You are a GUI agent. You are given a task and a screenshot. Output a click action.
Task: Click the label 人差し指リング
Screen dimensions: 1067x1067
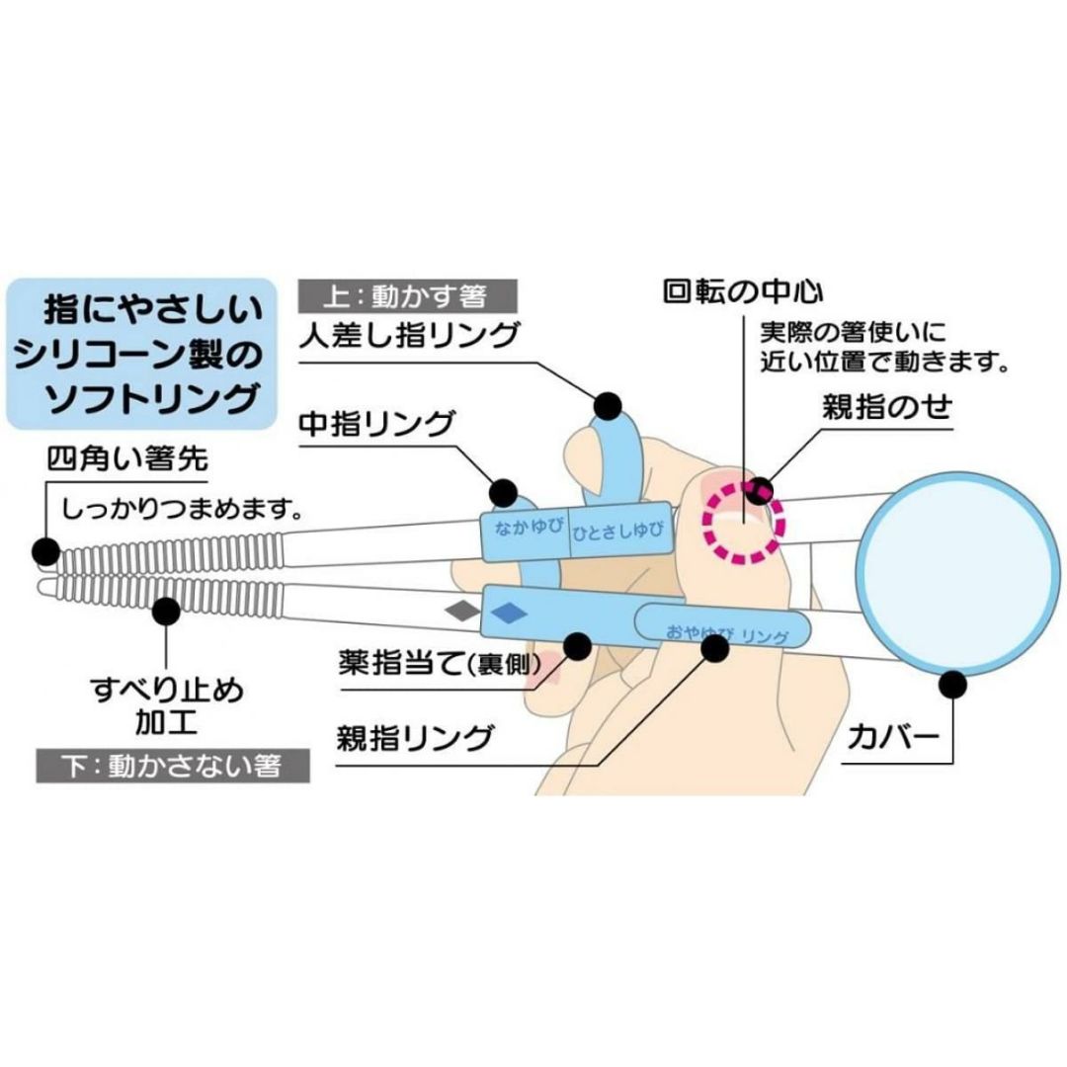coord(408,335)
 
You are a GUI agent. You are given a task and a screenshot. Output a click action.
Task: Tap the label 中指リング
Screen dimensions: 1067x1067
coord(375,425)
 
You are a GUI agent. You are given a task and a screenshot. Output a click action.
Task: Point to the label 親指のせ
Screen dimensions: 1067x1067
coord(886,408)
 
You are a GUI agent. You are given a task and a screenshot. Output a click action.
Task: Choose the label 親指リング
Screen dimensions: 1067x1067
coord(415,736)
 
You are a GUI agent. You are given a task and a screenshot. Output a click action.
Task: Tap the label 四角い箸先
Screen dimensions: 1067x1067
coord(126,460)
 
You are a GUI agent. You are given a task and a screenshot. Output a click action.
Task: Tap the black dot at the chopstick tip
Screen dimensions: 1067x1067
coord(44,549)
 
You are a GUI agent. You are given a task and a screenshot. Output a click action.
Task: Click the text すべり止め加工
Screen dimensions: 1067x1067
coord(165,702)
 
